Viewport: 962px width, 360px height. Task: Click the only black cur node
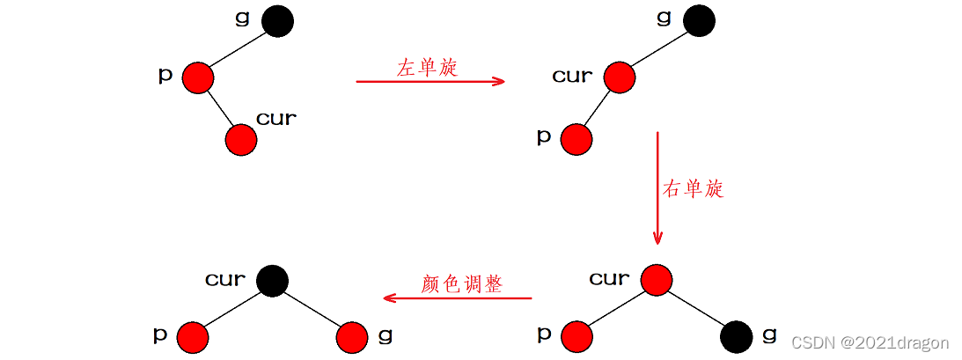click(272, 281)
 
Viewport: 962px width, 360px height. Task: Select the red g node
click(351, 336)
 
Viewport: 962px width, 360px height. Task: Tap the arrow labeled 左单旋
click(430, 82)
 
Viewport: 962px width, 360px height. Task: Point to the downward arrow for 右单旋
click(657, 188)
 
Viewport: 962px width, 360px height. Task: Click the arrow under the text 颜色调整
click(458, 298)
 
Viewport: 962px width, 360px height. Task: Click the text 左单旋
click(427, 68)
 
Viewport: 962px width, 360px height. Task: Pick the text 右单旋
click(693, 188)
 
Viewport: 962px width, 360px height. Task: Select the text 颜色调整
click(461, 284)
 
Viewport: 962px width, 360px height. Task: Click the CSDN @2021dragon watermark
click(870, 342)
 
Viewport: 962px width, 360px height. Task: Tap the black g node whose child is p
click(277, 21)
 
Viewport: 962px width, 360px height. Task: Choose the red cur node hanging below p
click(241, 140)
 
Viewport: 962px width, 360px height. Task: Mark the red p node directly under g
click(198, 77)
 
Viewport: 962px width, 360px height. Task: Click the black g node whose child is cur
click(698, 21)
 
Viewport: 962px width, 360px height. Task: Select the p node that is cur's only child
click(576, 139)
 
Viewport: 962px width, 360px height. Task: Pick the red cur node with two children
click(657, 280)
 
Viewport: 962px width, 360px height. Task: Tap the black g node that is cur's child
click(736, 336)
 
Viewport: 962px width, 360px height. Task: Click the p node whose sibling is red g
click(192, 336)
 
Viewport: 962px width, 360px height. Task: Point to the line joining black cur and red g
click(312, 308)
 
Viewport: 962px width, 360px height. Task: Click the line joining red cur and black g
click(696, 308)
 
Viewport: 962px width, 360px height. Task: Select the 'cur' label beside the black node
click(225, 280)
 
